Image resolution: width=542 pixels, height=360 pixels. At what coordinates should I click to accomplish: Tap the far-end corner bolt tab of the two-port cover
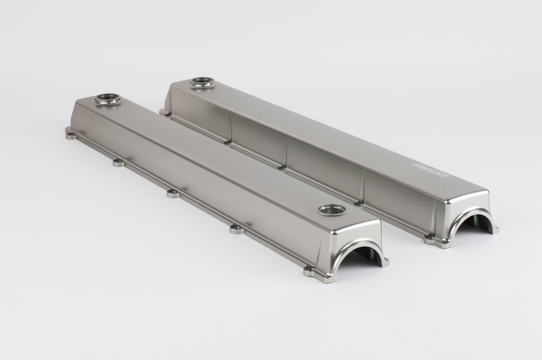[70, 135]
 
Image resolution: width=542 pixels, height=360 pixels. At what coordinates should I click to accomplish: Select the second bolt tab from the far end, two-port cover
[119, 163]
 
